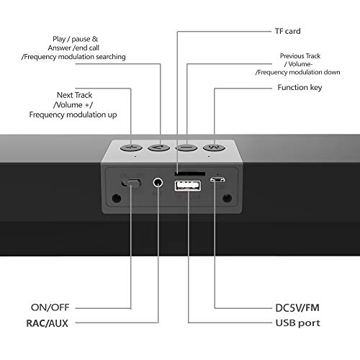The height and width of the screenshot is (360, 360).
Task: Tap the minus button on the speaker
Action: [186, 148]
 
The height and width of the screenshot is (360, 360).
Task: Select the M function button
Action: [214, 148]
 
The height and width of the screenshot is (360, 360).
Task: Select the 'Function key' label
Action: [300, 87]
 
